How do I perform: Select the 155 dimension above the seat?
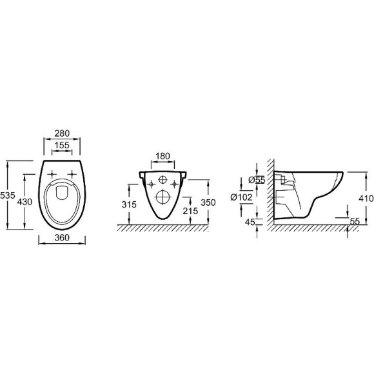62,146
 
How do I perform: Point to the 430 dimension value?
24,202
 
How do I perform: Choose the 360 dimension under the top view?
62,238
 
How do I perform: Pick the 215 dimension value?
190,210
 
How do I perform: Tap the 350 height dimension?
208,201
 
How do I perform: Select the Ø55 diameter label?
257,180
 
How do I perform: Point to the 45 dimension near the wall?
251,222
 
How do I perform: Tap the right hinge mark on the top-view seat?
72,172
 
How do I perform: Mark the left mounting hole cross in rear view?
151,185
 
